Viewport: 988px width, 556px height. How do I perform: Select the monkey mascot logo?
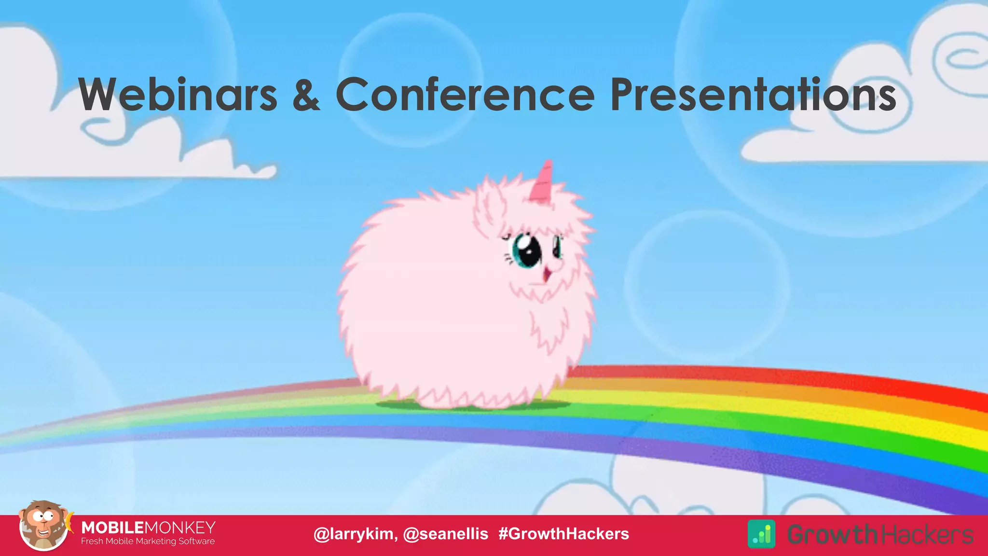pos(43,527)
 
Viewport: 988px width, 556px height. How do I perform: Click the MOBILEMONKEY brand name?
pos(148,527)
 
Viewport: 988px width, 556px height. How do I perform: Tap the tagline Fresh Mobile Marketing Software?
pos(148,542)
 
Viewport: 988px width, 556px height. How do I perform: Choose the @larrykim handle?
pos(355,534)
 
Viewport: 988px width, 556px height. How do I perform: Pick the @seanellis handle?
pos(445,534)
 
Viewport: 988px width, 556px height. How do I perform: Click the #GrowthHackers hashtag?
pos(563,534)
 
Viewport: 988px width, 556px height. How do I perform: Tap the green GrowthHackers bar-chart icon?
pos(761,534)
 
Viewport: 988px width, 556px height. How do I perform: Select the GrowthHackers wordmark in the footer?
pos(880,534)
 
